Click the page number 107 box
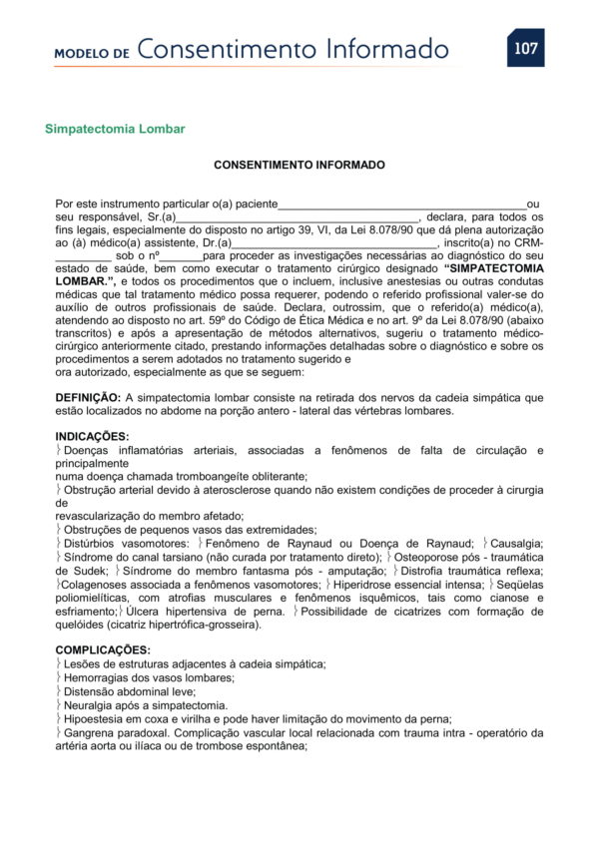(x=525, y=48)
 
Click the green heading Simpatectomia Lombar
(x=115, y=130)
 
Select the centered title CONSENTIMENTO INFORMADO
(x=299, y=165)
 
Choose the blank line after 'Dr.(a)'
(x=334, y=243)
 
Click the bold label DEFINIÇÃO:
(x=88, y=397)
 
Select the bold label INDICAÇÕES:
(x=92, y=437)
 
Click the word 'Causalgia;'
(x=517, y=542)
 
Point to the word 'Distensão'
(x=91, y=690)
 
